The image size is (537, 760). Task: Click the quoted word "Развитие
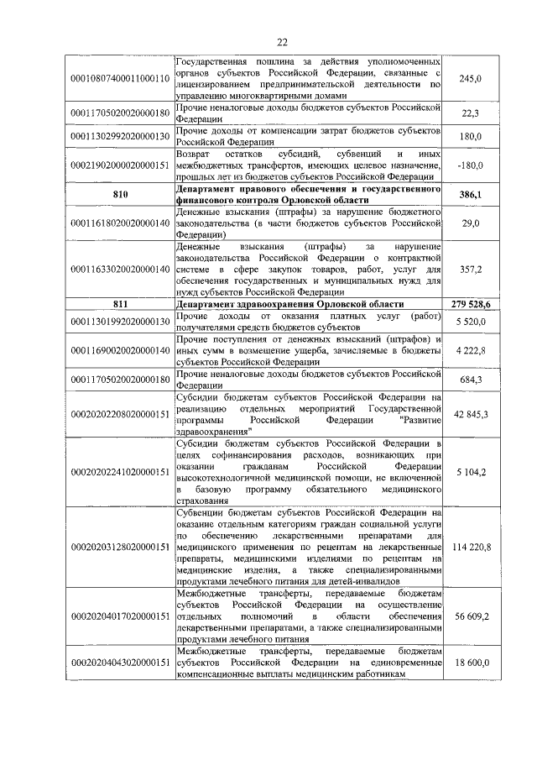(x=420, y=414)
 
